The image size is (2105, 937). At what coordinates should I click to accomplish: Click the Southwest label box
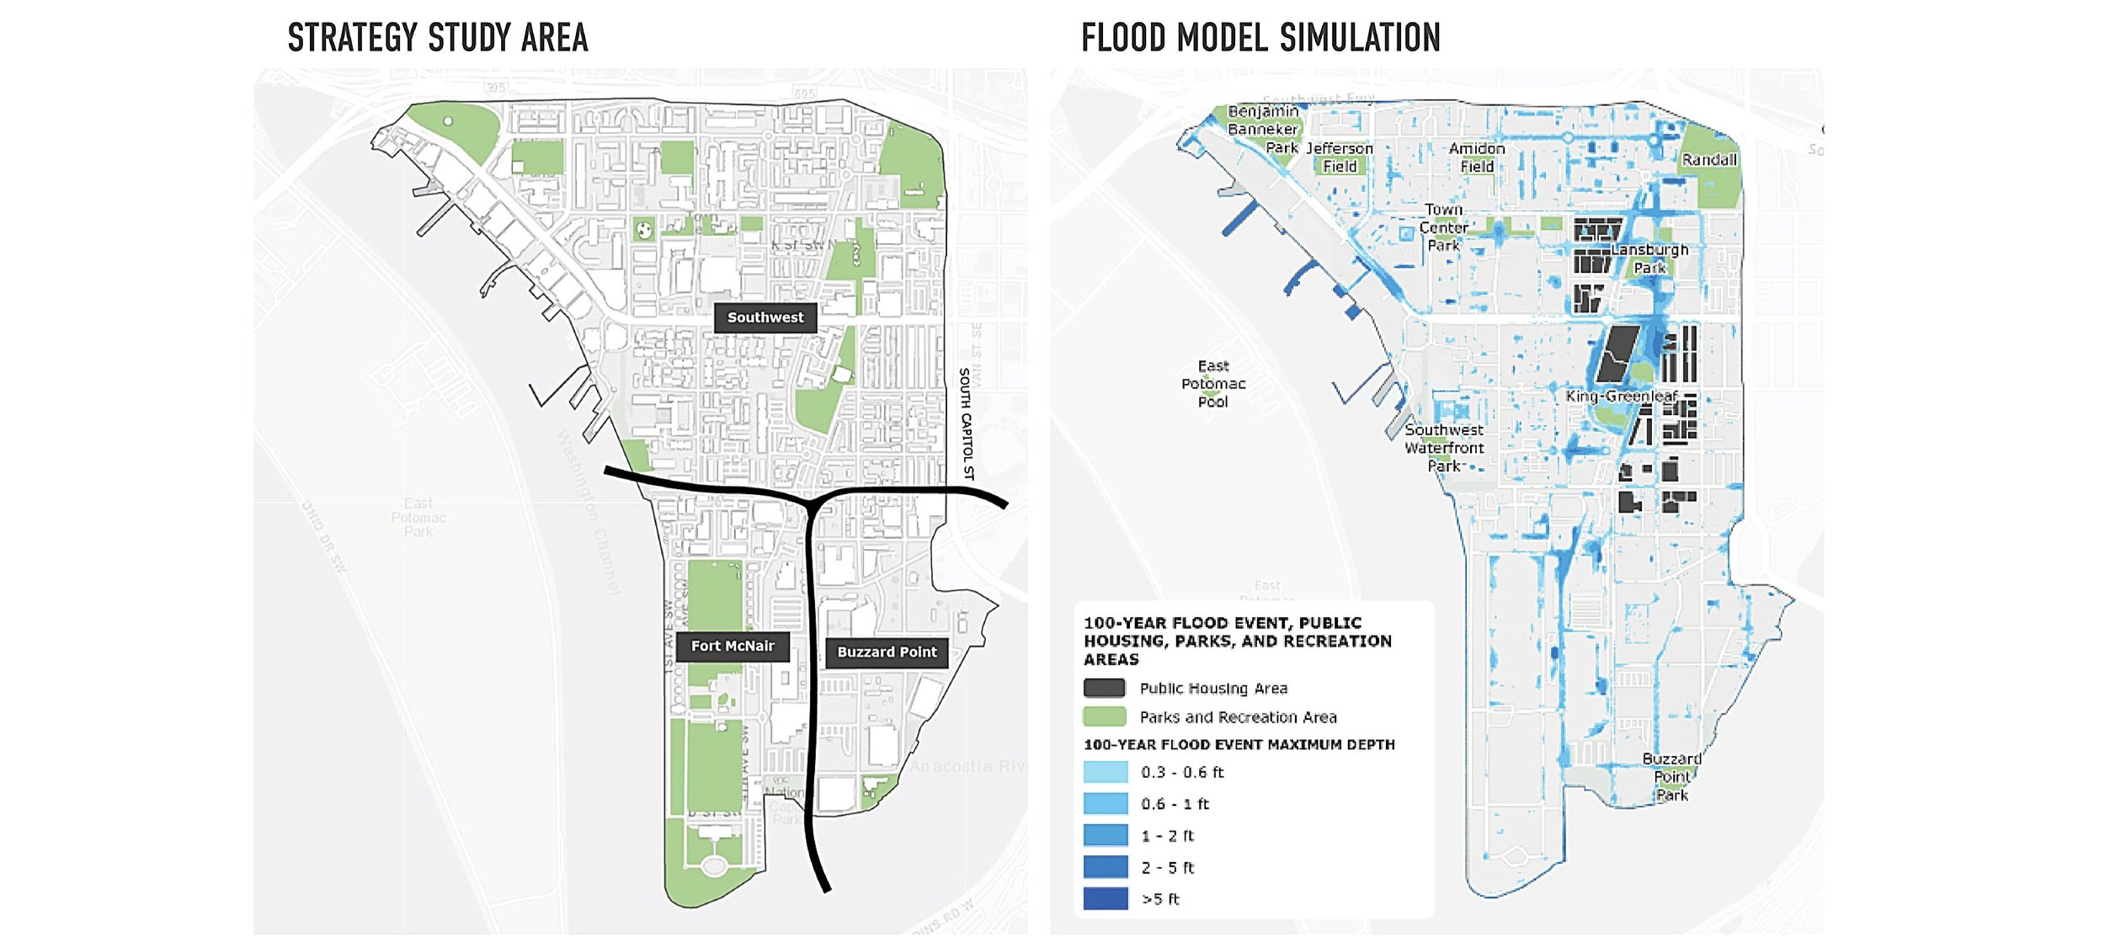765,318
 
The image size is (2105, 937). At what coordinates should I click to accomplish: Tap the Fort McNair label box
732,647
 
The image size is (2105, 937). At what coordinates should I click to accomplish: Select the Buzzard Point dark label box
886,652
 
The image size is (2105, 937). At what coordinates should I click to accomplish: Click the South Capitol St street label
967,424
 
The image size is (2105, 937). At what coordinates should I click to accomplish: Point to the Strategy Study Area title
437,39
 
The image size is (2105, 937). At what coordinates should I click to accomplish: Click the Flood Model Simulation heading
1260,39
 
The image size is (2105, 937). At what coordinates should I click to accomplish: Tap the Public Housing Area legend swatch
1104,689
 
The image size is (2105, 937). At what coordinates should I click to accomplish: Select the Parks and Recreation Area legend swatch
1104,717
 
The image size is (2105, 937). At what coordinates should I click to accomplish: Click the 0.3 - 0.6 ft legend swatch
1105,773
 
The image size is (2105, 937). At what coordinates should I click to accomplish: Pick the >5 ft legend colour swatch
1105,899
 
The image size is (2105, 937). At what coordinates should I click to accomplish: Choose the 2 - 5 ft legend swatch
1105,867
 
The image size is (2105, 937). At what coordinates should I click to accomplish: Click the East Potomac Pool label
1212,384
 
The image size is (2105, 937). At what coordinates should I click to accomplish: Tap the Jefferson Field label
1339,157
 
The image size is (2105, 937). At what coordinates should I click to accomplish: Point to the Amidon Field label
1477,157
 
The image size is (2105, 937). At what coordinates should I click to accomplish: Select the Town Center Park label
1443,227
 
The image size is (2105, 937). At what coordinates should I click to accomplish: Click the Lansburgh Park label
1649,258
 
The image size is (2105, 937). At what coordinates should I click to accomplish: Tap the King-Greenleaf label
1621,397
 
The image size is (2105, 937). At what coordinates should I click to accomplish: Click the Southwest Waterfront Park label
1443,448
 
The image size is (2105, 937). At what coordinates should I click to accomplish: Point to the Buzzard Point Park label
1671,777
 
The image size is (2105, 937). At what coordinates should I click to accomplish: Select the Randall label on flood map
1708,160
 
